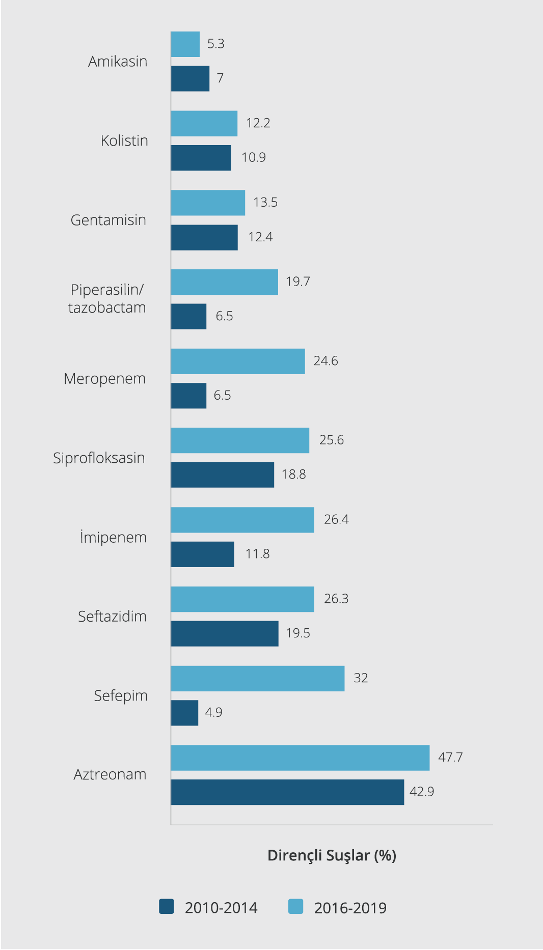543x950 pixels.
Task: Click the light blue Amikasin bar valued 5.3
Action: pyautogui.click(x=185, y=44)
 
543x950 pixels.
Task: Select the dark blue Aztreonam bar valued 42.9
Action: pyautogui.click(x=287, y=792)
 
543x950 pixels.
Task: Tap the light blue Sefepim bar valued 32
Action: pyautogui.click(x=258, y=679)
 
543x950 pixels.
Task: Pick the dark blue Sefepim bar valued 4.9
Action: pyautogui.click(x=184, y=713)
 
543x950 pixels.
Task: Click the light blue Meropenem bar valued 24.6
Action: pyautogui.click(x=238, y=361)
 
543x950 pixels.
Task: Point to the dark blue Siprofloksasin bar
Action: pyautogui.click(x=223, y=475)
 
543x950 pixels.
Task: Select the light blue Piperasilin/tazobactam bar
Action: pyautogui.click(x=225, y=282)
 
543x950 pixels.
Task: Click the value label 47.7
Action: pyautogui.click(x=450, y=757)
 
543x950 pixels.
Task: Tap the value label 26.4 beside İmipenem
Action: pyautogui.click(x=336, y=519)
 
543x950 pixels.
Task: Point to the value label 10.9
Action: pyautogui.click(x=254, y=157)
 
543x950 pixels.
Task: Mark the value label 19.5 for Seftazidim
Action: pyautogui.click(x=298, y=633)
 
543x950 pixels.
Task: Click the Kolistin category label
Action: pyautogui.click(x=124, y=141)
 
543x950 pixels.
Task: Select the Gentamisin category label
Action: pyautogui.click(x=108, y=220)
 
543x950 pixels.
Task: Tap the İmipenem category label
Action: pyautogui.click(x=113, y=537)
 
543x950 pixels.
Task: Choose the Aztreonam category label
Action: pyautogui.click(x=110, y=774)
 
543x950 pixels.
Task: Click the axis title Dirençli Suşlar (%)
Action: pyautogui.click(x=332, y=855)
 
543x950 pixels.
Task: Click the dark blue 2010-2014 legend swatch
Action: pyautogui.click(x=167, y=907)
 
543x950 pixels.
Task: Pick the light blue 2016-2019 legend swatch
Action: pyautogui.click(x=296, y=907)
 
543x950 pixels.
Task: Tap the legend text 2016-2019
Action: pyautogui.click(x=350, y=908)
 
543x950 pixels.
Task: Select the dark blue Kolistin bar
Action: pyautogui.click(x=201, y=158)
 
